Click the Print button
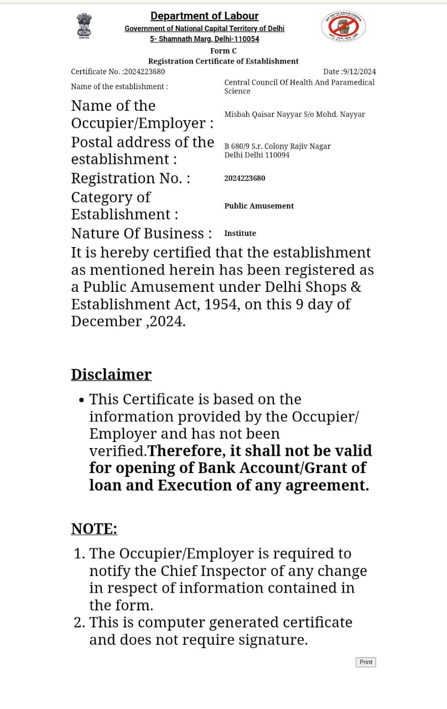point(366,662)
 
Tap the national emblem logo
point(84,25)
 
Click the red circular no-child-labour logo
point(343,26)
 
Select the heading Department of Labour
point(204,16)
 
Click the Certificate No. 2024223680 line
point(118,71)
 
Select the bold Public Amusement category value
point(259,206)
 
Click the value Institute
point(240,233)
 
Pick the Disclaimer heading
point(111,374)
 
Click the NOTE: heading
point(94,529)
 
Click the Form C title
point(223,50)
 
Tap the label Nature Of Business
point(141,233)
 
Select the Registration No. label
point(131,178)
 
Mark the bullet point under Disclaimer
point(82,400)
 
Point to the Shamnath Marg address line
point(204,39)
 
